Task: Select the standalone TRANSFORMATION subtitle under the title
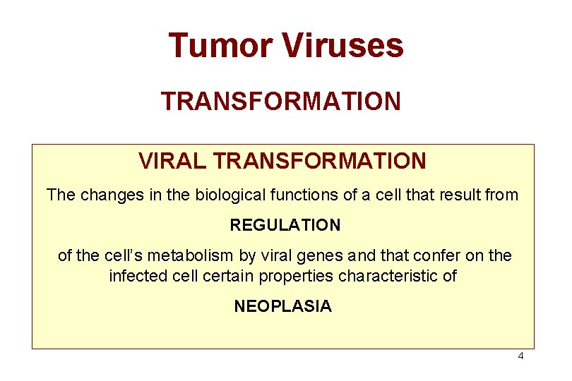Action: (x=281, y=101)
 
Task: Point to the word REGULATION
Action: (x=285, y=226)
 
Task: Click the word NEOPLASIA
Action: (x=282, y=306)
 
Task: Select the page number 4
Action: (x=520, y=356)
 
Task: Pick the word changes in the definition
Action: (x=114, y=194)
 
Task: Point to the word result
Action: (x=464, y=194)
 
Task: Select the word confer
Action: (x=421, y=255)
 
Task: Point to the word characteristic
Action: (x=388, y=275)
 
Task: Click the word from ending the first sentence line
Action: (x=503, y=194)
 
